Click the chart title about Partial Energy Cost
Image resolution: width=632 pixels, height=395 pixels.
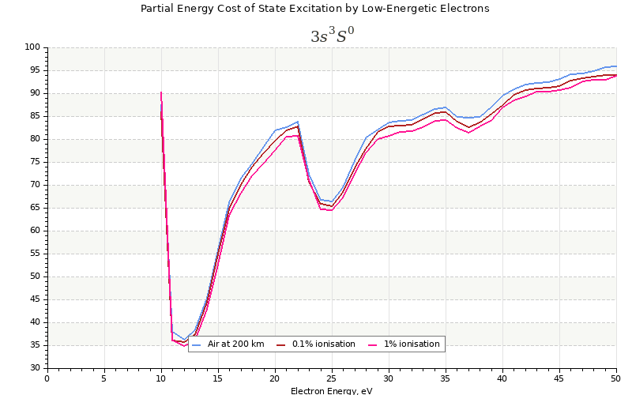pyautogui.click(x=314, y=9)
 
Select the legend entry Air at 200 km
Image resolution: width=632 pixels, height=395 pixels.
pyautogui.click(x=230, y=344)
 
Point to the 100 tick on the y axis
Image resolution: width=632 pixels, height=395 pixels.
pyautogui.click(x=33, y=47)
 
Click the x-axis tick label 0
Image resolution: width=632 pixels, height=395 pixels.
pyautogui.click(x=47, y=378)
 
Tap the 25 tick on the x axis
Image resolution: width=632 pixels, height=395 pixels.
pyautogui.click(x=332, y=378)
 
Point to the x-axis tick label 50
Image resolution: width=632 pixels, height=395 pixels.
pyautogui.click(x=616, y=378)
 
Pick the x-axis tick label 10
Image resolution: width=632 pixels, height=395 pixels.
pyautogui.click(x=161, y=378)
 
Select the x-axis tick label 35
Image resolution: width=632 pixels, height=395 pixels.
pyautogui.click(x=446, y=378)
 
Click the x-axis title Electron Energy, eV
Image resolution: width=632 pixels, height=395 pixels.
pyautogui.click(x=331, y=390)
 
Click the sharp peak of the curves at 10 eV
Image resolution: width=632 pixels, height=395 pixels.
pyautogui.click(x=161, y=92)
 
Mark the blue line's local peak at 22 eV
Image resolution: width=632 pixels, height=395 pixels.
pyautogui.click(x=298, y=122)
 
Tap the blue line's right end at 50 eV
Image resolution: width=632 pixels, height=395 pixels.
pyautogui.click(x=616, y=66)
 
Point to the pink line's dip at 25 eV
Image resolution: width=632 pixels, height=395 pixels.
pyautogui.click(x=332, y=210)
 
